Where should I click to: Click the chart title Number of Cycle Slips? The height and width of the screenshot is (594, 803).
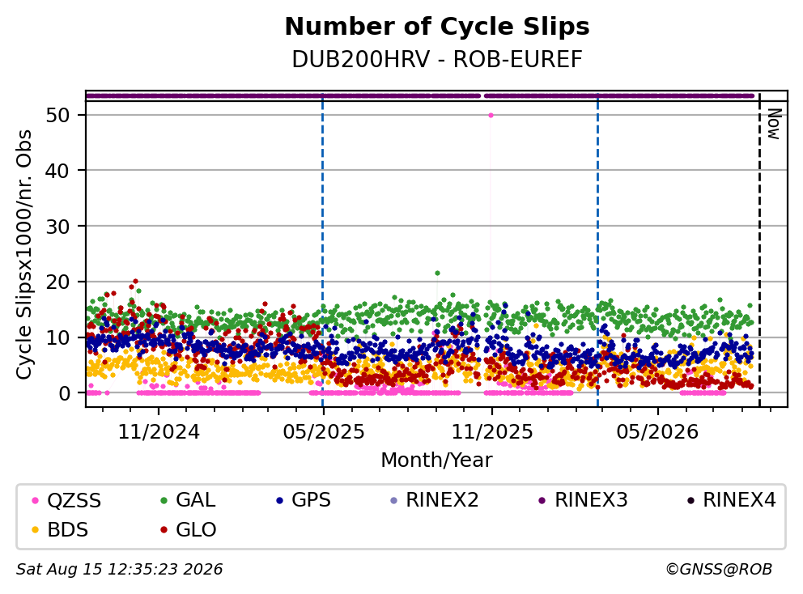(x=437, y=27)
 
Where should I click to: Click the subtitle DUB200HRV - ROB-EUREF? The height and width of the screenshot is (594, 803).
(x=437, y=60)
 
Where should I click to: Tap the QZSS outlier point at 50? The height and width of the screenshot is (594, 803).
(x=491, y=115)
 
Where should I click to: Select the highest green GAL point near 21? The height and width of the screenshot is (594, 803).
(x=437, y=273)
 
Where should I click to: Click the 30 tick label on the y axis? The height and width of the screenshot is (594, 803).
(x=57, y=227)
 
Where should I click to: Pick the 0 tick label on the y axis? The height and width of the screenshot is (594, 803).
(x=65, y=393)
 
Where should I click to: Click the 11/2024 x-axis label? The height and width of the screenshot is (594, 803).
(x=159, y=432)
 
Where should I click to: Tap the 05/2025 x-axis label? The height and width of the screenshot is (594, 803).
(x=323, y=432)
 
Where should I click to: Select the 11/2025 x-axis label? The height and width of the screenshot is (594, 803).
(x=491, y=432)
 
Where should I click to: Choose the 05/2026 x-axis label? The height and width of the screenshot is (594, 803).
(x=657, y=432)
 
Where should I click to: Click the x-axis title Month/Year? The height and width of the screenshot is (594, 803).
(x=436, y=460)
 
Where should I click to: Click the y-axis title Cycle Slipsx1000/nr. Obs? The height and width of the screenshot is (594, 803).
(x=23, y=254)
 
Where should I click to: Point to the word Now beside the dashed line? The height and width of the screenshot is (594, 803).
(x=773, y=124)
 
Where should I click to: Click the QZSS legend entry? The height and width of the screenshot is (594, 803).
(x=66, y=500)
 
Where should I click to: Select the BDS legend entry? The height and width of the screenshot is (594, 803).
(x=60, y=530)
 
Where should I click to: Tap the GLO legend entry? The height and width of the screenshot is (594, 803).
(x=188, y=530)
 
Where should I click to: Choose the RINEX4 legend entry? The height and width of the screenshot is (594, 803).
(x=732, y=500)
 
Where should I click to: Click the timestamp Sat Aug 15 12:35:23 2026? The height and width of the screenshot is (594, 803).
(x=119, y=570)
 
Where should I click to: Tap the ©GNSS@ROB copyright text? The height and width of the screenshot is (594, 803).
(x=719, y=570)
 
